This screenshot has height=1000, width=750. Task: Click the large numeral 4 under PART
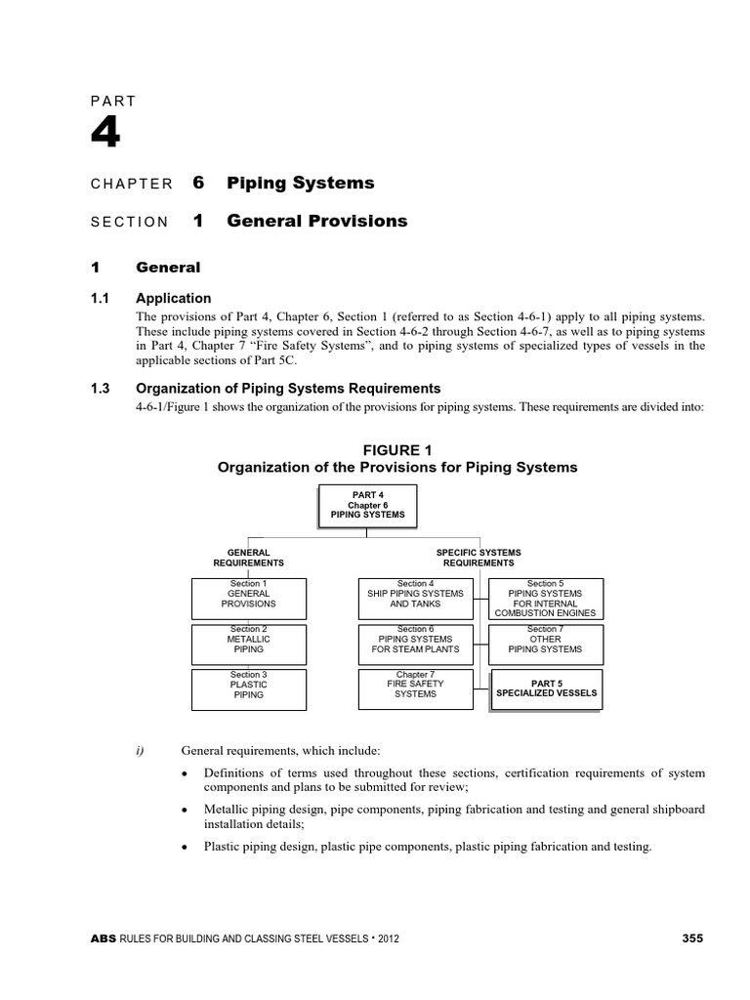tap(105, 134)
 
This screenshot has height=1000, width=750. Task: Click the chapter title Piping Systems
tap(300, 184)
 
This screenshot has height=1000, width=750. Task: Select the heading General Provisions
tap(316, 221)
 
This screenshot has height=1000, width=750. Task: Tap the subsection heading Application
tap(173, 298)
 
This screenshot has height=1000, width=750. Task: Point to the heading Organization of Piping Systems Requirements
tap(288, 388)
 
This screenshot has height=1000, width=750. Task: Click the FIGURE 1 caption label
tap(396, 450)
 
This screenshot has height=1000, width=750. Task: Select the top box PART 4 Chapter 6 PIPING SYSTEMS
tap(366, 505)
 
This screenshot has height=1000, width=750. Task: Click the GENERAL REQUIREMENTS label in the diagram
tap(248, 558)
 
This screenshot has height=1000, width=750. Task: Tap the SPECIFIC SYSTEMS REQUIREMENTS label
tap(479, 558)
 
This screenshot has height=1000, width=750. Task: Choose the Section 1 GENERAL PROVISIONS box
tap(248, 598)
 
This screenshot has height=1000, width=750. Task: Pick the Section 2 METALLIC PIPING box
tap(248, 644)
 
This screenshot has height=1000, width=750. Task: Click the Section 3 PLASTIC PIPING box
tap(248, 688)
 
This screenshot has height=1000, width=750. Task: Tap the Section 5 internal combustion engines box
tap(545, 598)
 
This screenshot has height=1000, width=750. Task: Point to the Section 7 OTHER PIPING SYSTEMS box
tap(545, 644)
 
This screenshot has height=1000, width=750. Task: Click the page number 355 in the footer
tap(691, 938)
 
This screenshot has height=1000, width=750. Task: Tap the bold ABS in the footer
tap(102, 939)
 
